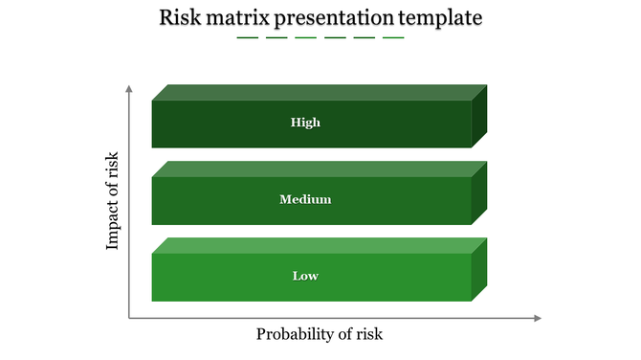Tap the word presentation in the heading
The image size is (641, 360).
click(334, 18)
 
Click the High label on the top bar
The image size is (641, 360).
click(306, 123)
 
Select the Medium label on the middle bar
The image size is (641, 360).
click(305, 199)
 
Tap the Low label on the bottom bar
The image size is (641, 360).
click(305, 276)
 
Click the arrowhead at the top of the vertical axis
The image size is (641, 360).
click(128, 88)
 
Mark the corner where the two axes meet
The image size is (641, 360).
click(129, 318)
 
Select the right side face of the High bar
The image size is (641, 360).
click(479, 116)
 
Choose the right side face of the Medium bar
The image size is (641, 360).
click(479, 192)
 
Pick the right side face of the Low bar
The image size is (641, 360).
click(479, 269)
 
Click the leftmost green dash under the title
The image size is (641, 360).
click(248, 38)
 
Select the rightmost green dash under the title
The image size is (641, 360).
click(393, 38)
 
